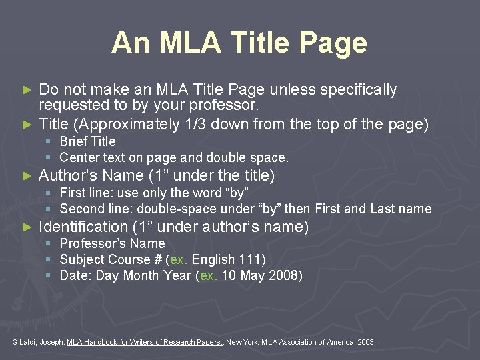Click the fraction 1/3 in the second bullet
click(193, 124)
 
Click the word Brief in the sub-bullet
click(74, 141)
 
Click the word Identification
click(83, 227)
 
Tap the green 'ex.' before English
click(179, 259)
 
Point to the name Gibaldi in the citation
click(25, 342)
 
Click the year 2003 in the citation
click(365, 342)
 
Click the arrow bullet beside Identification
click(27, 227)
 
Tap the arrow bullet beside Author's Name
click(27, 176)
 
